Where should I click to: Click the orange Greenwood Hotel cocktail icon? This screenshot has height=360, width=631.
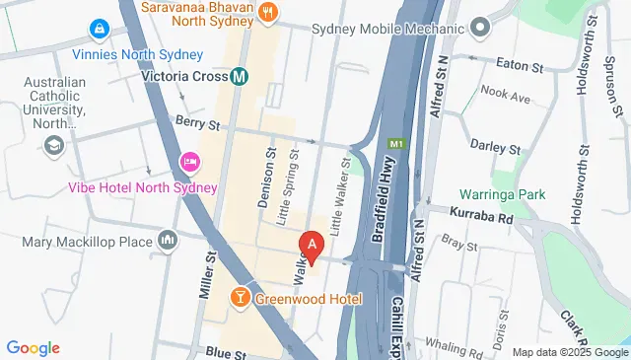[240, 297]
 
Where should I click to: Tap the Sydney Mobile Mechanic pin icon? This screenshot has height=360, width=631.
[480, 27]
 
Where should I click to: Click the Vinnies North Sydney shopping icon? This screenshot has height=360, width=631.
[99, 32]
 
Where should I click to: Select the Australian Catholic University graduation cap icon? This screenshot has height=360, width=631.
[54, 147]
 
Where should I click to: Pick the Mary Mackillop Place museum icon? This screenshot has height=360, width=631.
[169, 240]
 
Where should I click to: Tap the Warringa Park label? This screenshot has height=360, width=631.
[502, 194]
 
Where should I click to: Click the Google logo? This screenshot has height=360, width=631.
[34, 347]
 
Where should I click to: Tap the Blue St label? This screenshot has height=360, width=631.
[226, 351]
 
